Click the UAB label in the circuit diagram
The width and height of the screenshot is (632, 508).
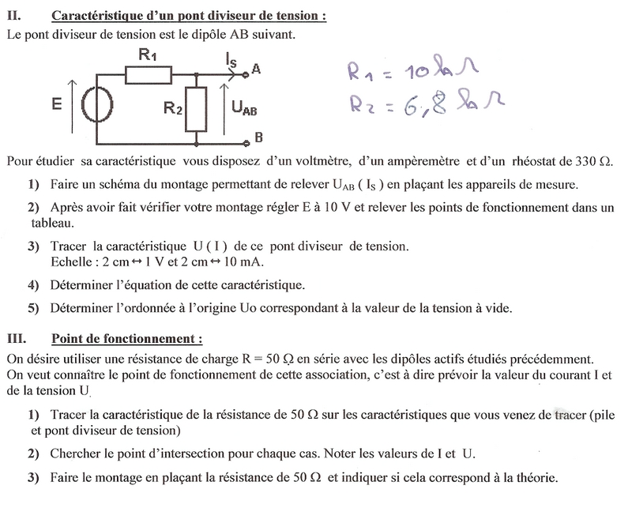(x=243, y=109)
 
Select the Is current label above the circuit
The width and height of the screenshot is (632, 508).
(x=230, y=58)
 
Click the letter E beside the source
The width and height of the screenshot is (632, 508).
(x=55, y=103)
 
